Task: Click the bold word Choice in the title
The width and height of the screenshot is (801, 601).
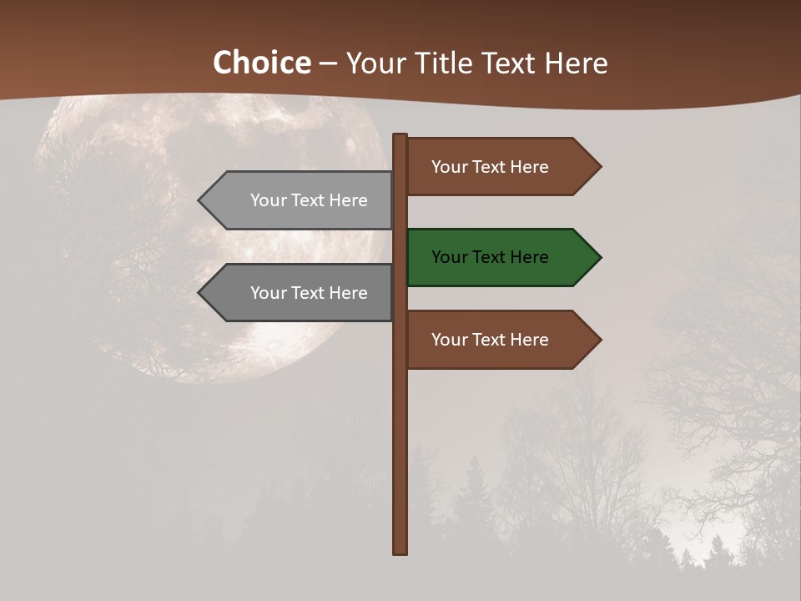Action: [x=261, y=63]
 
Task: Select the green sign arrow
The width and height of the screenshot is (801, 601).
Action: [x=501, y=257]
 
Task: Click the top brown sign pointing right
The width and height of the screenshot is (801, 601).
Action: [x=501, y=167]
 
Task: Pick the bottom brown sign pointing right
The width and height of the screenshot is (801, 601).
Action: [x=501, y=340]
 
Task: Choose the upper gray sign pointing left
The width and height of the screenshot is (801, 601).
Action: [x=300, y=200]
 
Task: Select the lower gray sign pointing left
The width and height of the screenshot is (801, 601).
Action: [x=300, y=293]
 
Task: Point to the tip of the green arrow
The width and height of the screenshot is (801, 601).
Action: [x=599, y=257]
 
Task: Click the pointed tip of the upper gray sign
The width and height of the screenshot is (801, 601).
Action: [x=200, y=200]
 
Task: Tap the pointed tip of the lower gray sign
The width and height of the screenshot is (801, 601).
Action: [x=200, y=293]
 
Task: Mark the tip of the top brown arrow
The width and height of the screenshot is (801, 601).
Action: [x=599, y=167]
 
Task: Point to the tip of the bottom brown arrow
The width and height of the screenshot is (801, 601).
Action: [x=599, y=340]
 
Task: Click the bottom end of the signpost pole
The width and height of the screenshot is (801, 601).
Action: [x=400, y=551]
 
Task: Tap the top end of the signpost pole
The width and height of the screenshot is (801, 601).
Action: [x=400, y=136]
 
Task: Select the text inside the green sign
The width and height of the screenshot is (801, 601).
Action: [x=490, y=257]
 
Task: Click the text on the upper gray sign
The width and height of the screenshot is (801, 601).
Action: [x=309, y=200]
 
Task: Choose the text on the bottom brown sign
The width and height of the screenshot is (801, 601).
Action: [x=490, y=340]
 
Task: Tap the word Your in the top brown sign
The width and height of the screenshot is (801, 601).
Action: [x=449, y=167]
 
